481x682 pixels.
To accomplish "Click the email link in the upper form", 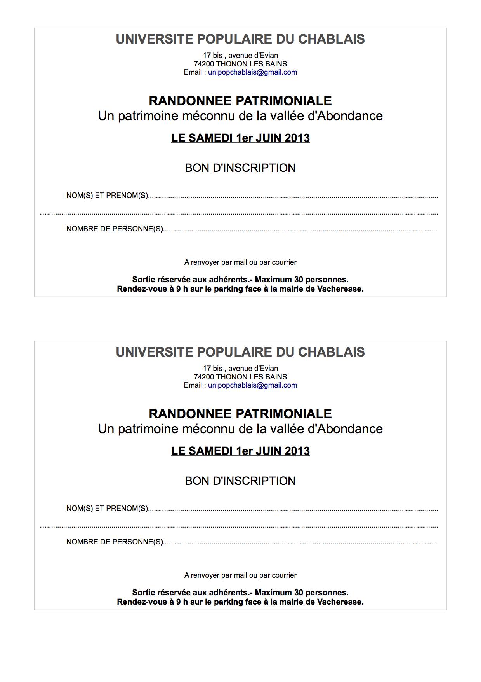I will coord(252,72).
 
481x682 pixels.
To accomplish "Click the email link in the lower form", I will coord(252,385).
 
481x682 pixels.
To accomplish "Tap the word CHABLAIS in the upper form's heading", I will coord(331,39).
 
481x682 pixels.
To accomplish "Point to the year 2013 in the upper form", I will coord(297,138).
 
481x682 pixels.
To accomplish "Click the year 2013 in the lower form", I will coord(297,451).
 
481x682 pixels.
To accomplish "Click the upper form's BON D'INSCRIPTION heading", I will coord(240,168).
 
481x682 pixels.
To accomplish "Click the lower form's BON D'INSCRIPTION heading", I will coord(240,481).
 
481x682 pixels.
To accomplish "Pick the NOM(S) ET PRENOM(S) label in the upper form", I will coord(107,196).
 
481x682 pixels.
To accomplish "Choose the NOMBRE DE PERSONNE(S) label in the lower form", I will coord(115,542).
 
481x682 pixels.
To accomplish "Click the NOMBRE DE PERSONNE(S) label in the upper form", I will coord(115,229).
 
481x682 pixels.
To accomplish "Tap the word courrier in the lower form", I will coord(284,575).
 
